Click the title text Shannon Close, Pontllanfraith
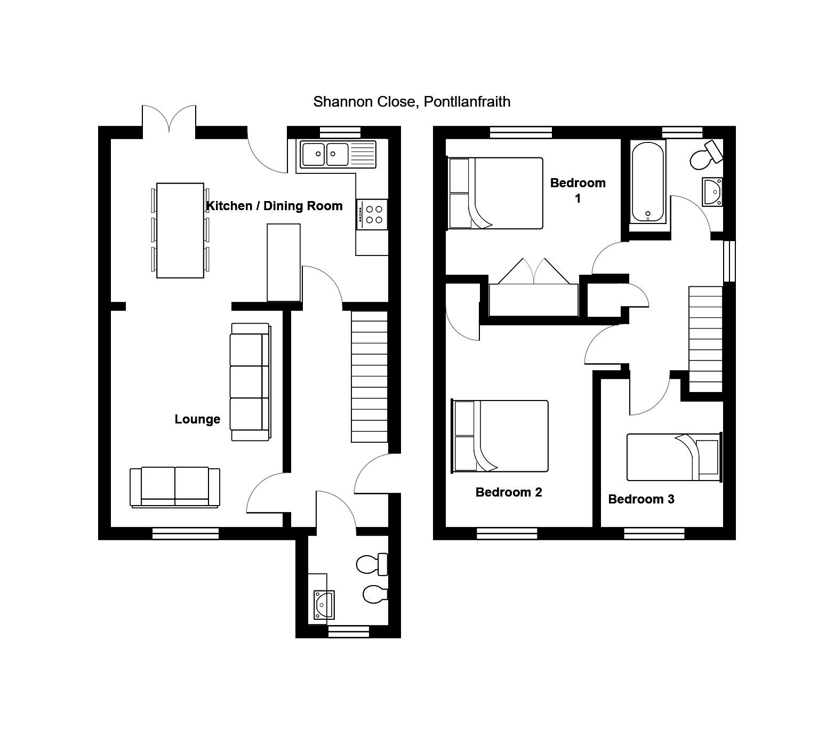click(x=412, y=101)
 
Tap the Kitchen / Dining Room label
click(x=274, y=206)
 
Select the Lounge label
click(x=197, y=419)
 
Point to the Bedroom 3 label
click(x=641, y=499)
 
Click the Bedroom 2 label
click(x=509, y=492)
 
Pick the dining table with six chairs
click(x=180, y=230)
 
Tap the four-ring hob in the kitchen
click(x=372, y=214)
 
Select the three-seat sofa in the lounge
click(x=250, y=382)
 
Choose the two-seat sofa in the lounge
click(x=175, y=487)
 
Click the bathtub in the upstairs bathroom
click(x=647, y=181)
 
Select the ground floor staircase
click(x=369, y=377)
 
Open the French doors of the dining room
click(x=169, y=119)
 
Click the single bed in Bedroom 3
click(x=673, y=457)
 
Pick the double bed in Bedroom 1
click(x=495, y=193)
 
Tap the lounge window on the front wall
click(x=186, y=533)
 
